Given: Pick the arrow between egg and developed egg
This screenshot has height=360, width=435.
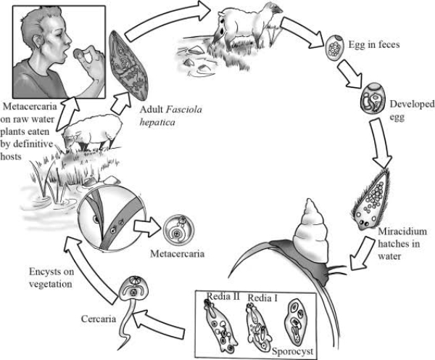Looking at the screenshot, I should (355, 70).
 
